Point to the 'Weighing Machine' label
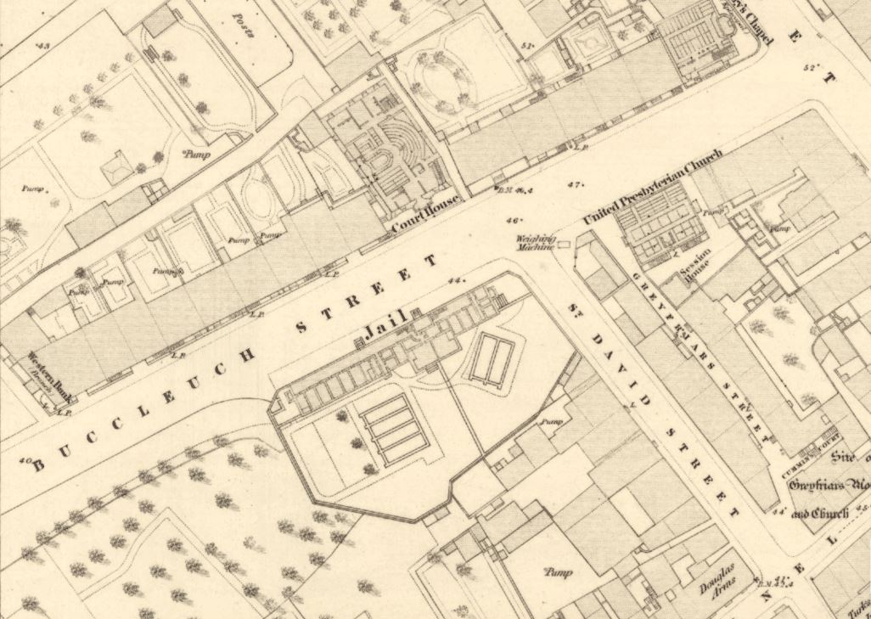pos(536,244)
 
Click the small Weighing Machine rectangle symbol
pos(563,245)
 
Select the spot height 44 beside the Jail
pos(457,279)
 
